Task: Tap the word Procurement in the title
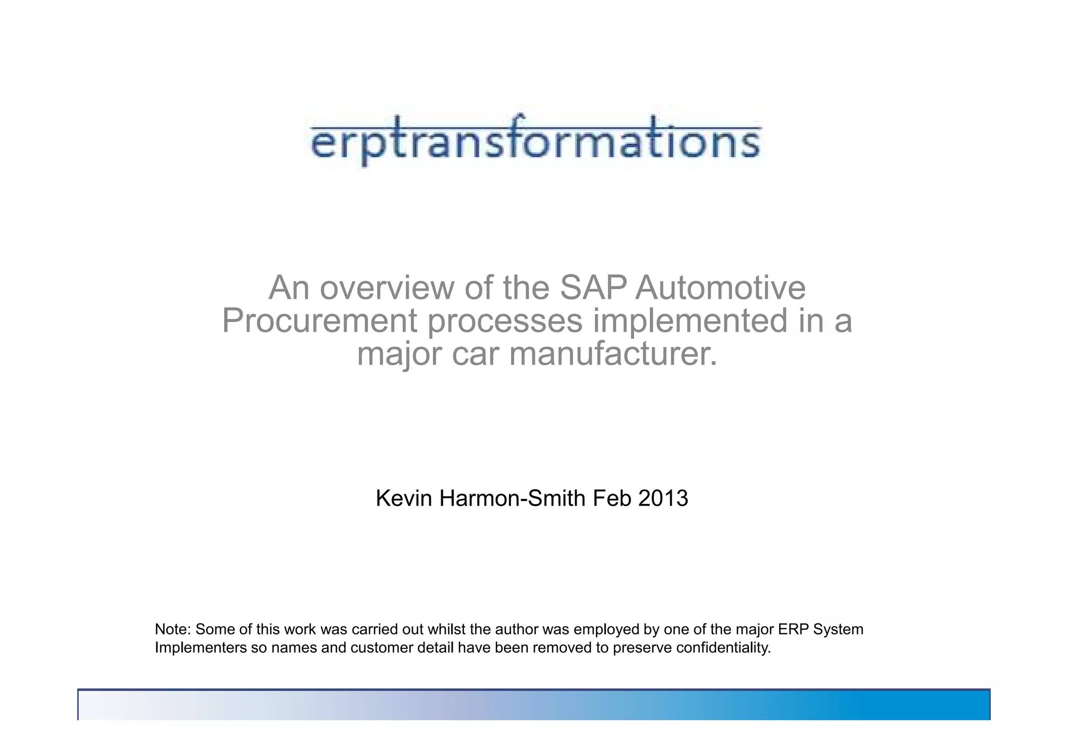(x=319, y=321)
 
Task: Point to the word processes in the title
(x=505, y=321)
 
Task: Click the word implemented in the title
(x=690, y=321)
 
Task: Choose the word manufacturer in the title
(x=613, y=354)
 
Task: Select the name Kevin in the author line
(x=404, y=498)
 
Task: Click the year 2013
(x=663, y=498)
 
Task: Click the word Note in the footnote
(x=172, y=629)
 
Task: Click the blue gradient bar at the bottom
(x=534, y=705)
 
